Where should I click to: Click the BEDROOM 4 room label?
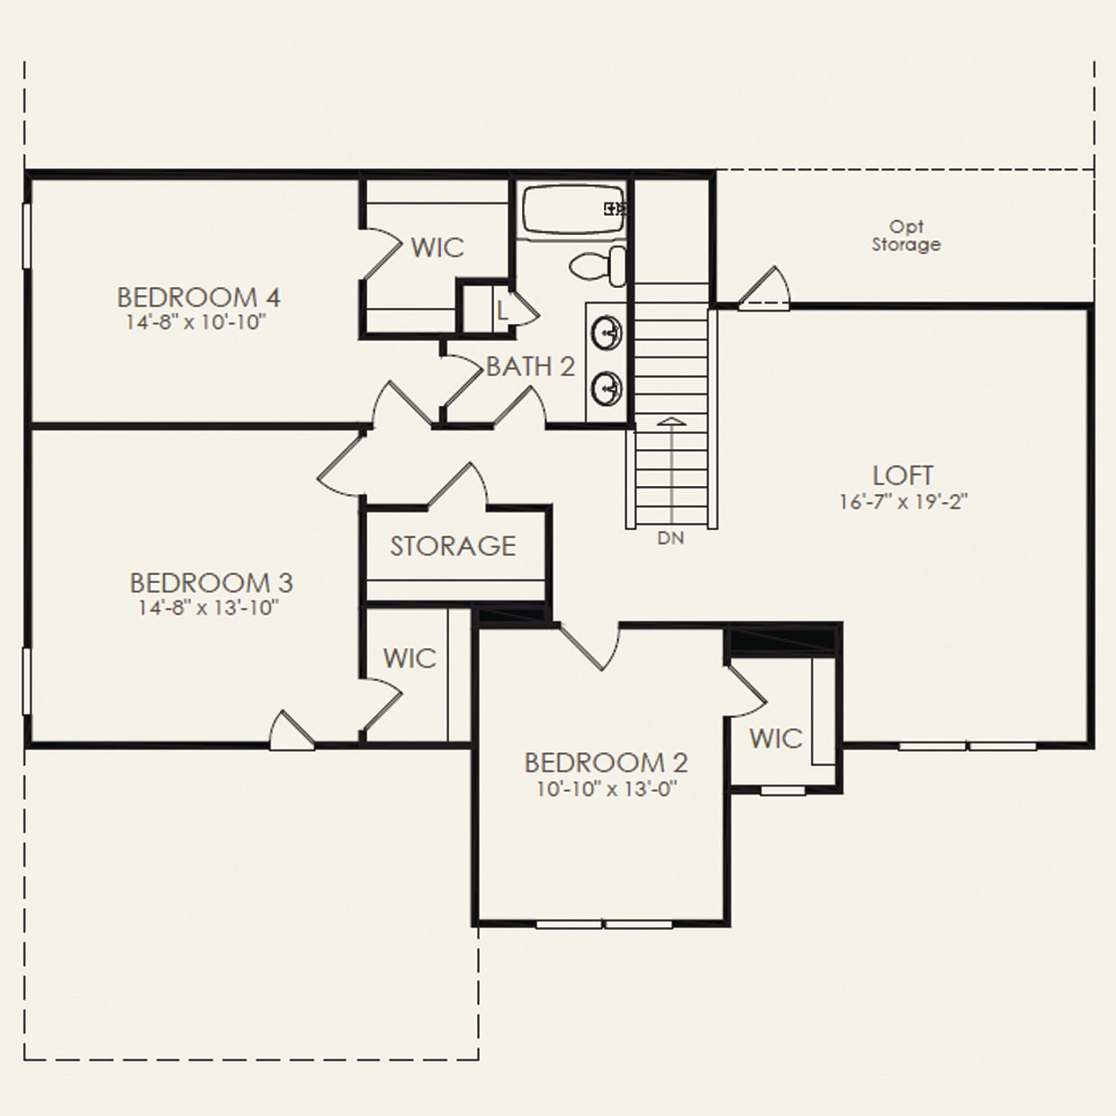click(199, 297)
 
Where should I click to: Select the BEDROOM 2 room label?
click(606, 763)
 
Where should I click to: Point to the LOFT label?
click(903, 475)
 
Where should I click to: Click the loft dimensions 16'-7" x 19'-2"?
click(903, 501)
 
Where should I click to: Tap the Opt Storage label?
click(906, 236)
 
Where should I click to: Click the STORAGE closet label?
click(453, 545)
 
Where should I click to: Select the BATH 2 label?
click(530, 366)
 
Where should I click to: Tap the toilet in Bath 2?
click(600, 265)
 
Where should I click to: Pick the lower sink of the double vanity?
click(607, 388)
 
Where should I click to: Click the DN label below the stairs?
click(670, 538)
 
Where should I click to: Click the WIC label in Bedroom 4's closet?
click(437, 247)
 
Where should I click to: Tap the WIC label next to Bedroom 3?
click(409, 658)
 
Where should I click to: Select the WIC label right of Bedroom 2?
click(776, 739)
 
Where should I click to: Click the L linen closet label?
click(501, 310)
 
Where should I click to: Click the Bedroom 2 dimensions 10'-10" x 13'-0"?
click(606, 789)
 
